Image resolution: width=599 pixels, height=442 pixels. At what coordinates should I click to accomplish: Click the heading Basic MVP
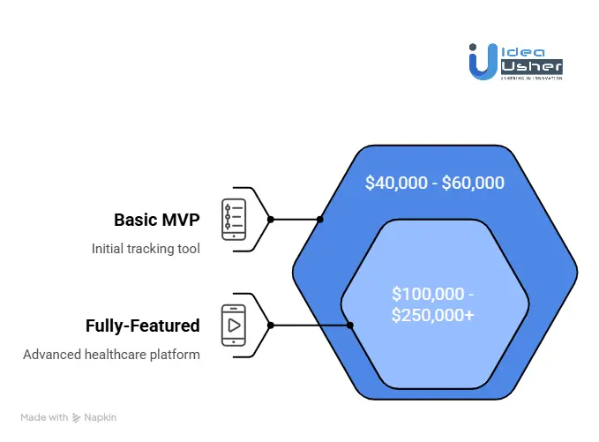(157, 220)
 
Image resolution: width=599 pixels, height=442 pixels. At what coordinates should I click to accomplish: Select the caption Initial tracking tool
(146, 249)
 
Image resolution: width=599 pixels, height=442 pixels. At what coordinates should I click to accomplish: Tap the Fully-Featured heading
(142, 326)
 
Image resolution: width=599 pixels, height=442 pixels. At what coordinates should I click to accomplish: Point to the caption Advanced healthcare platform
(111, 355)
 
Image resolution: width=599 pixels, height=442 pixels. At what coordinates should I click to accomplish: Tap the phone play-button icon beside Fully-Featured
(234, 325)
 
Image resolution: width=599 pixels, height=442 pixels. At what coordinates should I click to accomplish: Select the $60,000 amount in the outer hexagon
(474, 184)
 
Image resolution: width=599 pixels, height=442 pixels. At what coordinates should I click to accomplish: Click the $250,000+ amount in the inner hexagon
(434, 314)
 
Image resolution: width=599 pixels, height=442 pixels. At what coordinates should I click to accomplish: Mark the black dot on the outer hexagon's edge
(320, 219)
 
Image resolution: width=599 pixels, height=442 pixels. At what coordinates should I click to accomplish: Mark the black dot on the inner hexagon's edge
(350, 325)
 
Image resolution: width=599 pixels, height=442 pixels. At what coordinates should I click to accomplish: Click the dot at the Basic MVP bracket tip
(270, 219)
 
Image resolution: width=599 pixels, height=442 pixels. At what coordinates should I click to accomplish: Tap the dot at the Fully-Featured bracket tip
(270, 325)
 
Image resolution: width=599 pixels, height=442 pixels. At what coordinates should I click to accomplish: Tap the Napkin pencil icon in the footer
(78, 417)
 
